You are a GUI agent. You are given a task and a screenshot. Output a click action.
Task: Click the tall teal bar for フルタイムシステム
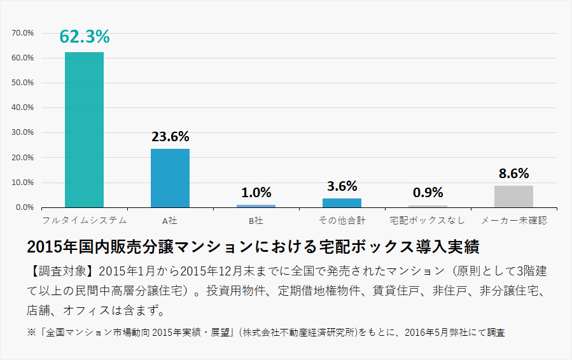pyautogui.click(x=84, y=130)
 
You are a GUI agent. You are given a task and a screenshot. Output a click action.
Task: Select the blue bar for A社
pyautogui.click(x=170, y=178)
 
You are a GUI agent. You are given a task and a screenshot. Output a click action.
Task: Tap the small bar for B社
pyautogui.click(x=256, y=205)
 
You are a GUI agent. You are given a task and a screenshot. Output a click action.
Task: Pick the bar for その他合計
pyautogui.click(x=342, y=203)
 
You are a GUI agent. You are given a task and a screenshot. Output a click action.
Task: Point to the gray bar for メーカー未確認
pyautogui.click(x=513, y=197)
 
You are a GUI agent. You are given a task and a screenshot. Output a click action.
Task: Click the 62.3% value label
pyautogui.click(x=85, y=37)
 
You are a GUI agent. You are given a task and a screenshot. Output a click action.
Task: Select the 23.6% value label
pyautogui.click(x=171, y=136)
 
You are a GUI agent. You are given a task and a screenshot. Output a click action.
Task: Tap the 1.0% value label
pyautogui.click(x=256, y=192)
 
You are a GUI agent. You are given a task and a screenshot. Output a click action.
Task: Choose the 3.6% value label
pyautogui.click(x=342, y=186)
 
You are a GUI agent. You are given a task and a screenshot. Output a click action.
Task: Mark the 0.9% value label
pyautogui.click(x=428, y=192)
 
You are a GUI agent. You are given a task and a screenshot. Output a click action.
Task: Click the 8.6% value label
pyautogui.click(x=513, y=173)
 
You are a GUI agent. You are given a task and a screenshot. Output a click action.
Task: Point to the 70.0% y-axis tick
pyautogui.click(x=23, y=33)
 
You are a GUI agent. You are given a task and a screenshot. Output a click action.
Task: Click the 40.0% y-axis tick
pyautogui.click(x=23, y=107)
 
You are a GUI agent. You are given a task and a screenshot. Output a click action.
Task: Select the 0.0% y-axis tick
pyautogui.click(x=24, y=207)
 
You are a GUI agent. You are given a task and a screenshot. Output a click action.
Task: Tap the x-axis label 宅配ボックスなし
pyautogui.click(x=428, y=221)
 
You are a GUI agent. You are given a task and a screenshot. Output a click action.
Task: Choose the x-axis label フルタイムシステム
pyautogui.click(x=84, y=221)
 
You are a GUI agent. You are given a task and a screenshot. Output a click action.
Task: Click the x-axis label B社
pyautogui.click(x=256, y=221)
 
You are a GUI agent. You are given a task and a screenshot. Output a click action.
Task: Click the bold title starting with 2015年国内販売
pyautogui.click(x=253, y=246)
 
